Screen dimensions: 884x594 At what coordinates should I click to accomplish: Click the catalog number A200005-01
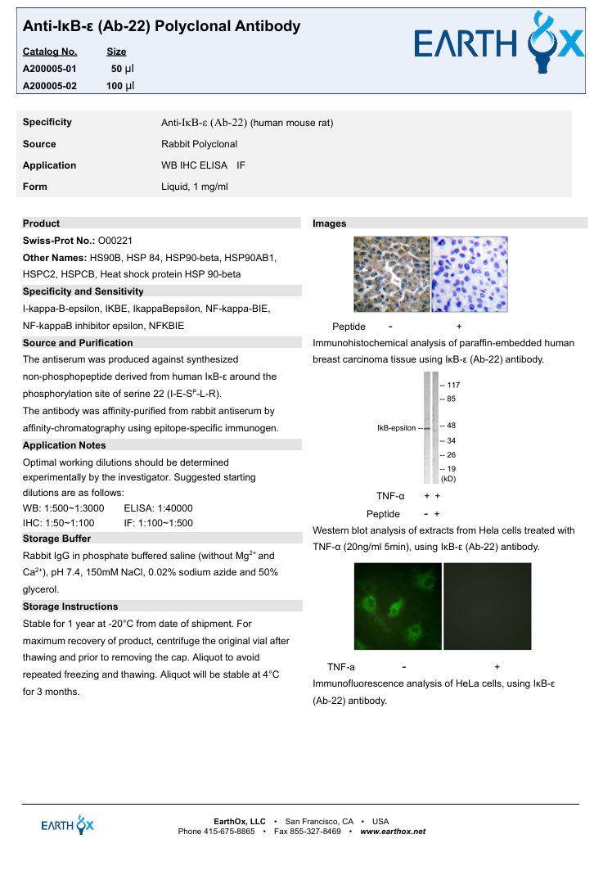tap(49, 69)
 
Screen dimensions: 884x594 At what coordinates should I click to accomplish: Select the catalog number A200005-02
tap(49, 85)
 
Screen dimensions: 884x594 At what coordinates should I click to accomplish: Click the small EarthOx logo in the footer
tap(68, 825)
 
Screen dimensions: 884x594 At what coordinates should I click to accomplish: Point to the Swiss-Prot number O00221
tap(115, 241)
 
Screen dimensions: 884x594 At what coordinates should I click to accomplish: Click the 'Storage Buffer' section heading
tap(57, 539)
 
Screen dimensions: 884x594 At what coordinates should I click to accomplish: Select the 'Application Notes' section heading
tap(65, 445)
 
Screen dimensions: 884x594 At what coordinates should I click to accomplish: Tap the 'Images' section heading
tap(330, 223)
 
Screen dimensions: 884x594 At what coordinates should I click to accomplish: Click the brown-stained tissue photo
tap(391, 274)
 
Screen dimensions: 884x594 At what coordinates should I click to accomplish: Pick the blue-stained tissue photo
tap(470, 274)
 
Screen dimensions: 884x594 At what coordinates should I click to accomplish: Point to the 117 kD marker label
tap(452, 385)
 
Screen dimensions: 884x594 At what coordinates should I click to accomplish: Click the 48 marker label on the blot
tap(450, 426)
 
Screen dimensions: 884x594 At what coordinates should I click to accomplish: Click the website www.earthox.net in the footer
tap(393, 832)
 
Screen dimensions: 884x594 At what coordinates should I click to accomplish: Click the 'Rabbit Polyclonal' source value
tap(200, 144)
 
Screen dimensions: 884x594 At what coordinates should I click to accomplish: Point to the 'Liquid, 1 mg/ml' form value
tap(195, 187)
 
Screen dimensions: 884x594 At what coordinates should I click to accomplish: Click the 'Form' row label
tap(35, 187)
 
